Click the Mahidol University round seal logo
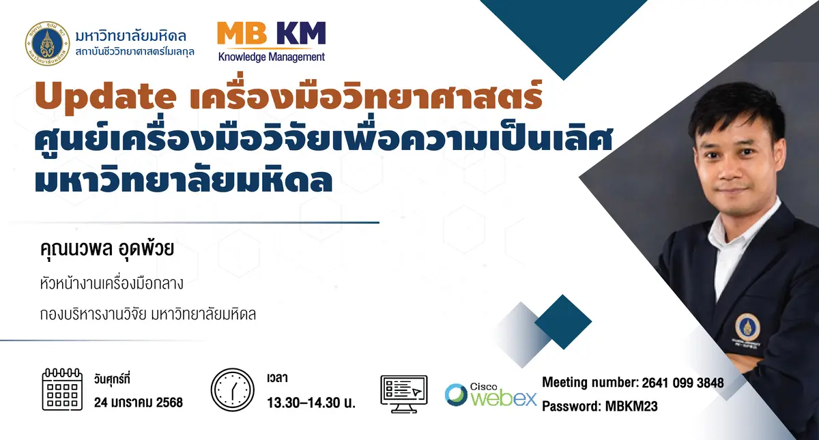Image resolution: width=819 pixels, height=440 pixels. click(48, 44)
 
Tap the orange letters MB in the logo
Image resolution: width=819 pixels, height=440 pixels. click(242, 33)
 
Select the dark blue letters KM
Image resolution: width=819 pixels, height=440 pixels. click(301, 33)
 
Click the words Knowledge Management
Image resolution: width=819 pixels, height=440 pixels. click(272, 57)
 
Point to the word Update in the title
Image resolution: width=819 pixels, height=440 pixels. click(106, 96)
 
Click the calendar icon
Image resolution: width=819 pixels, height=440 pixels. click(62, 390)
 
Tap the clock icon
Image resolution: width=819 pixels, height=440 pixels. click(232, 390)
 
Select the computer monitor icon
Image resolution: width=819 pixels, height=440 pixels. click(404, 394)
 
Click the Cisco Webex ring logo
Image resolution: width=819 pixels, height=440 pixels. click(456, 395)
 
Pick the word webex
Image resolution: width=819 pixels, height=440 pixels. click(504, 398)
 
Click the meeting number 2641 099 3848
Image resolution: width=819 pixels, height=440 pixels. click(682, 383)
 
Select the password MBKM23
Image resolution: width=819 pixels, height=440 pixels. click(631, 406)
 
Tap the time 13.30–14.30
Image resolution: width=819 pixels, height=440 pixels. click(304, 402)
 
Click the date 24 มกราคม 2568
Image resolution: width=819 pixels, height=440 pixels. click(138, 402)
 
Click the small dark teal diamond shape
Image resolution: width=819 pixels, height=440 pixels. click(563, 322)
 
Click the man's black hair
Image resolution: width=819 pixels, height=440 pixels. click(735, 106)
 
